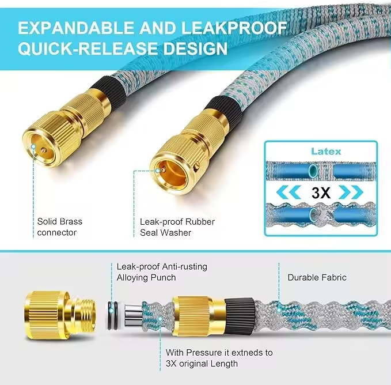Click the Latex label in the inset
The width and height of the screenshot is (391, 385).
pyautogui.click(x=326, y=152)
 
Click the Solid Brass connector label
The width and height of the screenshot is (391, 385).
pyautogui.click(x=59, y=227)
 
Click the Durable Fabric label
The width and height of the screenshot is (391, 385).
pyautogui.click(x=317, y=277)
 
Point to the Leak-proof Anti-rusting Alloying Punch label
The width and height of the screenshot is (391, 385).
pyautogui.click(x=162, y=271)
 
